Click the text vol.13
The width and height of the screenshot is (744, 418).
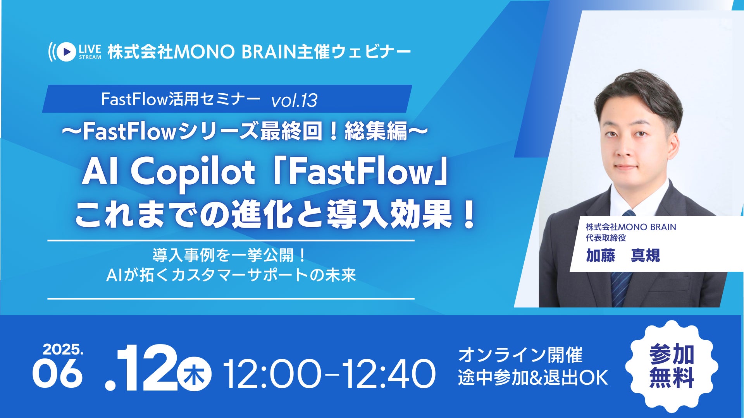point(294,101)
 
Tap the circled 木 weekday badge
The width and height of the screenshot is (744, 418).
point(194,376)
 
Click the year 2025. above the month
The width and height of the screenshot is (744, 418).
point(63,349)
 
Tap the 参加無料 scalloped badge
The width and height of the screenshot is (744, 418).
point(672,366)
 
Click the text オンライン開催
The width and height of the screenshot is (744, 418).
point(520,355)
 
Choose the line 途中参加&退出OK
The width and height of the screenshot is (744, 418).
point(533,378)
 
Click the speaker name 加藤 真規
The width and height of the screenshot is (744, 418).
point(623,255)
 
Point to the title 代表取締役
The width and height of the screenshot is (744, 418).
point(606,238)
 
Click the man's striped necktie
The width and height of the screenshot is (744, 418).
point(622,271)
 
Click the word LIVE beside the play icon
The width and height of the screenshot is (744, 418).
point(90,49)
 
